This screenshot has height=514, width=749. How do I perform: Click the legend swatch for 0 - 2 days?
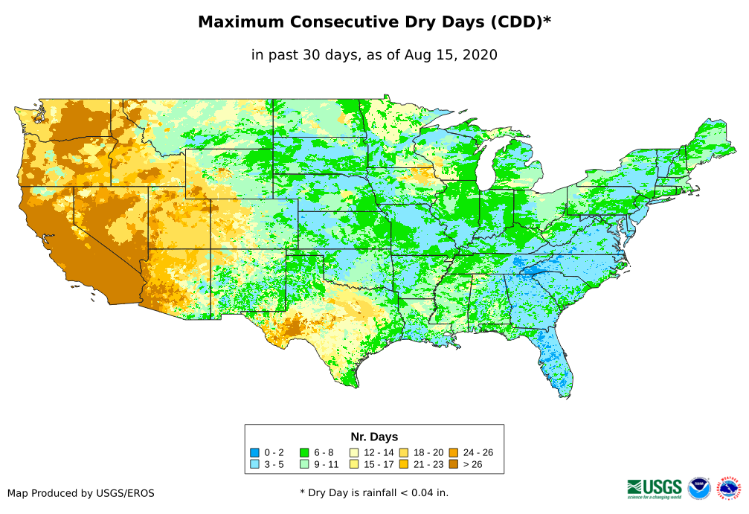pyautogui.click(x=255, y=452)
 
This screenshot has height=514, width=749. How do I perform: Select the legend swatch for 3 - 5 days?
pyautogui.click(x=255, y=464)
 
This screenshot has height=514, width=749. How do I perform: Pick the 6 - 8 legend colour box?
pyautogui.click(x=305, y=452)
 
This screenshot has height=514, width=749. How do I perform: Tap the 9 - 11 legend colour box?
pyautogui.click(x=305, y=464)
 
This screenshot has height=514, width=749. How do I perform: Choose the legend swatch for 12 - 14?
pyautogui.click(x=354, y=452)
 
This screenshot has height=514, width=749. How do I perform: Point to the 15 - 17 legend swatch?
pyautogui.click(x=354, y=464)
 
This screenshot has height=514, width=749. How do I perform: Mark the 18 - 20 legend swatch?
pyautogui.click(x=404, y=452)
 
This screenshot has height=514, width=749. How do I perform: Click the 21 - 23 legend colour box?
pyautogui.click(x=404, y=464)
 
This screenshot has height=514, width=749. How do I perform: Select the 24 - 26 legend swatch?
pyautogui.click(x=453, y=452)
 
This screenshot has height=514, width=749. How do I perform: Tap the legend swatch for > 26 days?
pyautogui.click(x=453, y=464)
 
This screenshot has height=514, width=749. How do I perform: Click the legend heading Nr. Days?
pyautogui.click(x=374, y=437)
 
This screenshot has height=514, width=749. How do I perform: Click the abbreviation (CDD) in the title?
pyautogui.click(x=515, y=22)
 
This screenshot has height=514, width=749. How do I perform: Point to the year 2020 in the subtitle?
pyautogui.click(x=479, y=54)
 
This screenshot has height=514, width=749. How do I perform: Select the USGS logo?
pyautogui.click(x=655, y=488)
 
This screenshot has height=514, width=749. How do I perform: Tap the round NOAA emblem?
pyautogui.click(x=699, y=488)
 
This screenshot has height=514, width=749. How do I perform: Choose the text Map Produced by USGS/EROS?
pyautogui.click(x=81, y=493)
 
